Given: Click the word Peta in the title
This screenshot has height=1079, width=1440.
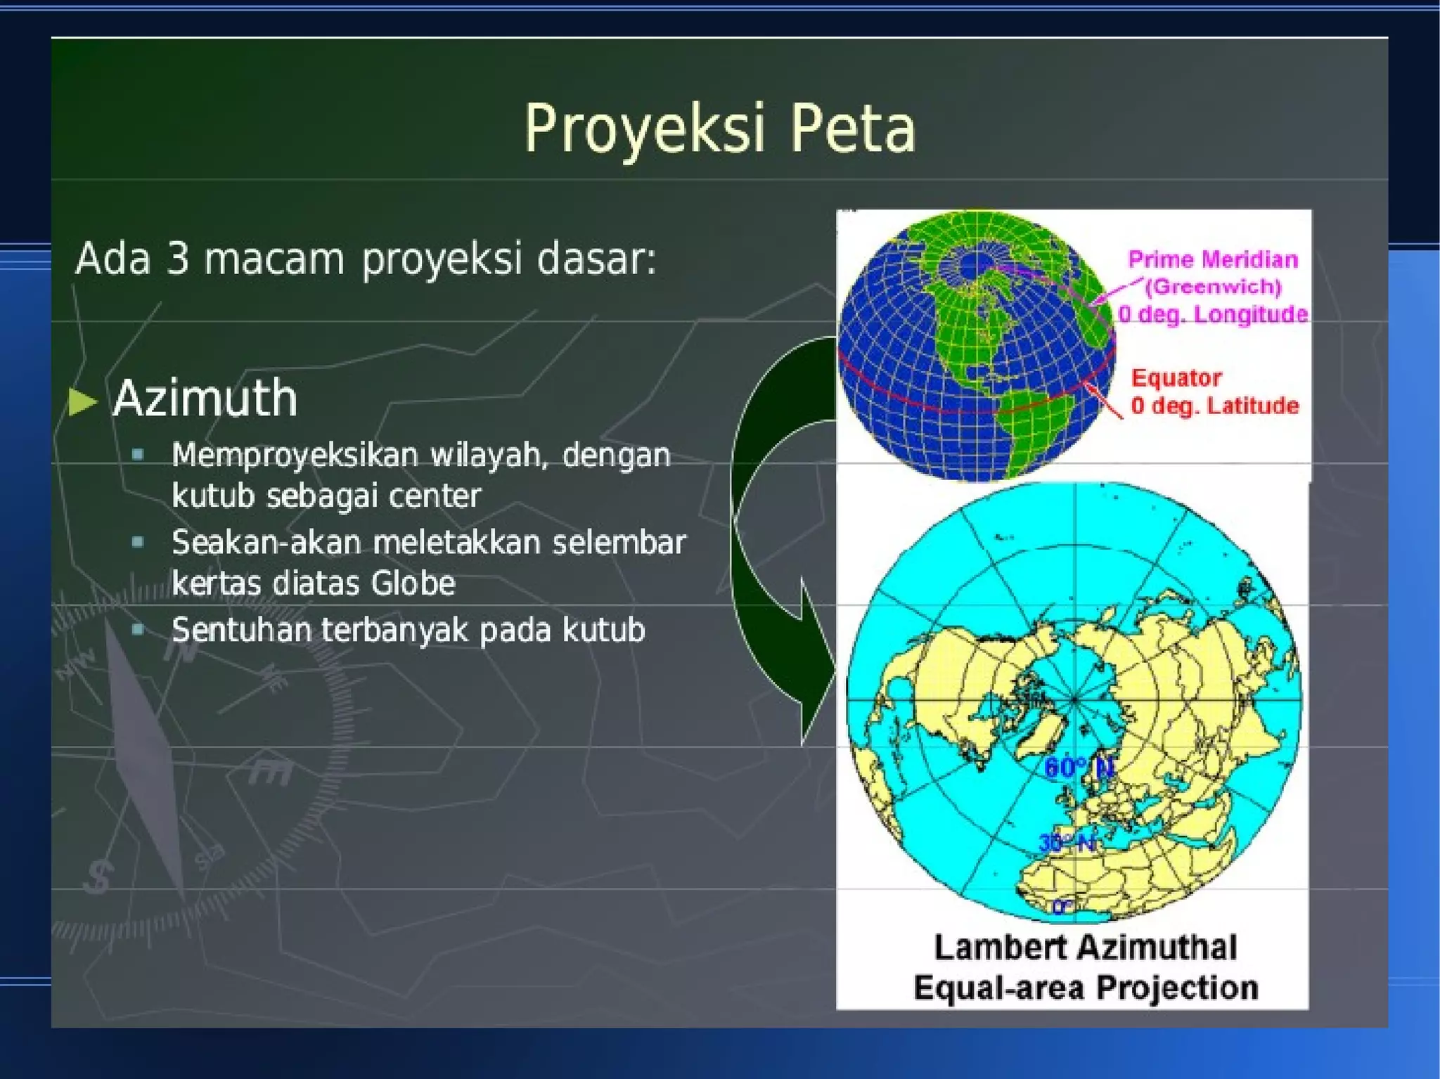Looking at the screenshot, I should (852, 129).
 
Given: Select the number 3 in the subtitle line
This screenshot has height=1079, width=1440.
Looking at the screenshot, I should (178, 258).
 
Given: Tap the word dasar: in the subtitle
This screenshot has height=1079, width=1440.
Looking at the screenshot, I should (596, 258).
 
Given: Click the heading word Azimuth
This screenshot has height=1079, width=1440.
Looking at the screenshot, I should (205, 399).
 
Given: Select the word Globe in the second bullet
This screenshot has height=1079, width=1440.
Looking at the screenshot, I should (413, 583).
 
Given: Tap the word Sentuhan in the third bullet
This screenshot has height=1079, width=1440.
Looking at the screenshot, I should (240, 630).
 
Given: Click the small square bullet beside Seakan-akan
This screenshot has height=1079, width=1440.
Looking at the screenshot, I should (138, 542).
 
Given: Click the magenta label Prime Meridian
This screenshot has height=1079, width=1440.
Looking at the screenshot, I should (1212, 259).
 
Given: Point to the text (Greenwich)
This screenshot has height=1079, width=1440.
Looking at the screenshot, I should (1213, 287).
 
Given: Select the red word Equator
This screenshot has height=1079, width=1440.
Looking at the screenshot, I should (1176, 378).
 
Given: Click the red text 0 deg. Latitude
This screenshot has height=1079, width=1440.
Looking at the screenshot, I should (1214, 406).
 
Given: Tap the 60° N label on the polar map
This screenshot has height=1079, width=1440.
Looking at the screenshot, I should (1078, 768).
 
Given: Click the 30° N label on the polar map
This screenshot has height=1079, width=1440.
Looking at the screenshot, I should (1067, 842).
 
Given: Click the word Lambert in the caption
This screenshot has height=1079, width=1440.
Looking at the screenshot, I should (986, 948).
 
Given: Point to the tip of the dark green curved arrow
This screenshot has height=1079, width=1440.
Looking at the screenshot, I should (804, 742).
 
